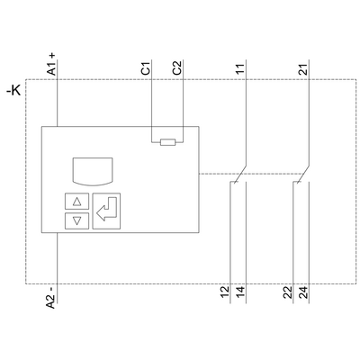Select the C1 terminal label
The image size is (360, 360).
147,68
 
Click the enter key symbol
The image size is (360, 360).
107,212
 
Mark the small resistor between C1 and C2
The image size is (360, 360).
166,141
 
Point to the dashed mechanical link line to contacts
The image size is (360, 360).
216,174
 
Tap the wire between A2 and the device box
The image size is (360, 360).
58,261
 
